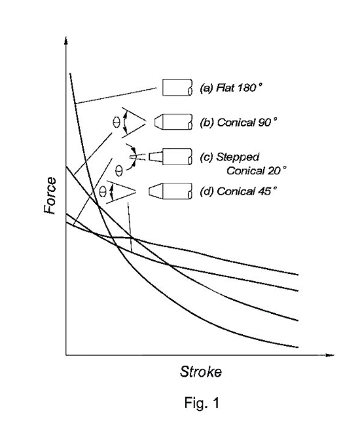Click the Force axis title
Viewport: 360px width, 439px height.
(x=50, y=196)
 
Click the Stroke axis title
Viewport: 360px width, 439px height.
(x=201, y=372)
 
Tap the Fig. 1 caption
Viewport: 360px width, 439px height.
(x=202, y=403)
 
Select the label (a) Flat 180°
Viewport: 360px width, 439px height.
(x=231, y=88)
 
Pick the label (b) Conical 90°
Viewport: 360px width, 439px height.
(x=238, y=123)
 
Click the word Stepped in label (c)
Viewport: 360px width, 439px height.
(x=238, y=158)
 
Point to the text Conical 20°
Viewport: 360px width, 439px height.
(x=257, y=170)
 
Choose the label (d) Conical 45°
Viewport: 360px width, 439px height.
(x=238, y=191)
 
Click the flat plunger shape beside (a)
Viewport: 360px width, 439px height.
(x=177, y=88)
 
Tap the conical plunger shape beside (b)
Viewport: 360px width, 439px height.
(x=173, y=122)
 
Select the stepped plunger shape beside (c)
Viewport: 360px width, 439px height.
(x=171, y=157)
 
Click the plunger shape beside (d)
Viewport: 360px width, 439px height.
(x=170, y=191)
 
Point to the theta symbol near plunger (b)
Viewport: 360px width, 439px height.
(x=117, y=122)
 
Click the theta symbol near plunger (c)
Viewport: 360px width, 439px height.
(x=119, y=170)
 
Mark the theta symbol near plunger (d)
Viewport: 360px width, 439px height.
(x=103, y=192)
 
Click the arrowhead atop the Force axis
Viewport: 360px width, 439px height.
(x=66, y=41)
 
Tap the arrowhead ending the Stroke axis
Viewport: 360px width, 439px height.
(x=330, y=355)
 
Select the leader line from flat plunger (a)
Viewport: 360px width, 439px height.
(x=116, y=96)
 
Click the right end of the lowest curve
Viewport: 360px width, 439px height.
(x=298, y=347)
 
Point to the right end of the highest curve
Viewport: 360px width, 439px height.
(x=298, y=275)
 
